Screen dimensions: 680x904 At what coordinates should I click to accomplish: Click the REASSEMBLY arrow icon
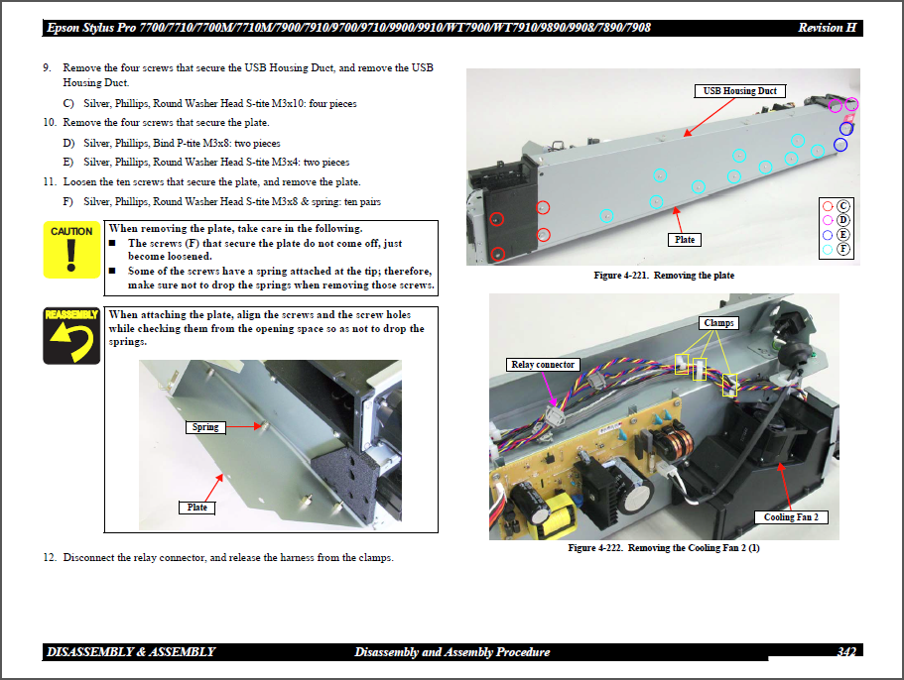pyautogui.click(x=70, y=336)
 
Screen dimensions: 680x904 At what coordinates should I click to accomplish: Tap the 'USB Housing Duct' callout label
pyautogui.click(x=739, y=91)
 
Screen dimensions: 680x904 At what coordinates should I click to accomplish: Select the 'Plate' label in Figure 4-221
pyautogui.click(x=685, y=240)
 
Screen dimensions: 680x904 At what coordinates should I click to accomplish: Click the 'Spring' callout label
pyautogui.click(x=205, y=427)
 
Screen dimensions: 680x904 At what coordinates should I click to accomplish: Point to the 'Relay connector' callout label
pyautogui.click(x=542, y=365)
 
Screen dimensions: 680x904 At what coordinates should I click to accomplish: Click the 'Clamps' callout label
pyautogui.click(x=719, y=323)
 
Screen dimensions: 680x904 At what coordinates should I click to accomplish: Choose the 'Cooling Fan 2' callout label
pyautogui.click(x=791, y=517)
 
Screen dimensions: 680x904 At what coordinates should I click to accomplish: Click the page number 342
pyautogui.click(x=845, y=652)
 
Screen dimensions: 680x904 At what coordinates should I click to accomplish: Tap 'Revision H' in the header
pyautogui.click(x=827, y=28)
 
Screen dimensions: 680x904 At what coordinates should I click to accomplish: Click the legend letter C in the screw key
pyautogui.click(x=843, y=206)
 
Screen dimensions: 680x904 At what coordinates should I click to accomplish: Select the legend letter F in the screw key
pyautogui.click(x=843, y=250)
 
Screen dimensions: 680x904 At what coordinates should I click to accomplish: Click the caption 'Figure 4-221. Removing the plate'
pyautogui.click(x=663, y=276)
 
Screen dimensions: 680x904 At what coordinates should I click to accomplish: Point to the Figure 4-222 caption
pyautogui.click(x=663, y=548)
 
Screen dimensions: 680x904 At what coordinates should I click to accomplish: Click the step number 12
pyautogui.click(x=49, y=558)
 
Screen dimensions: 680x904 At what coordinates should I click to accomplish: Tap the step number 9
pyautogui.click(x=47, y=68)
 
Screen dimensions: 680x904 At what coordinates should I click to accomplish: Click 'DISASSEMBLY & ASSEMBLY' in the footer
pyautogui.click(x=130, y=652)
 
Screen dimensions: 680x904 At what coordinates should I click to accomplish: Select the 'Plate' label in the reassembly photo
pyautogui.click(x=197, y=508)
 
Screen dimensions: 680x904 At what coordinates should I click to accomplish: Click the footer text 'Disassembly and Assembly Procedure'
pyautogui.click(x=452, y=652)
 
